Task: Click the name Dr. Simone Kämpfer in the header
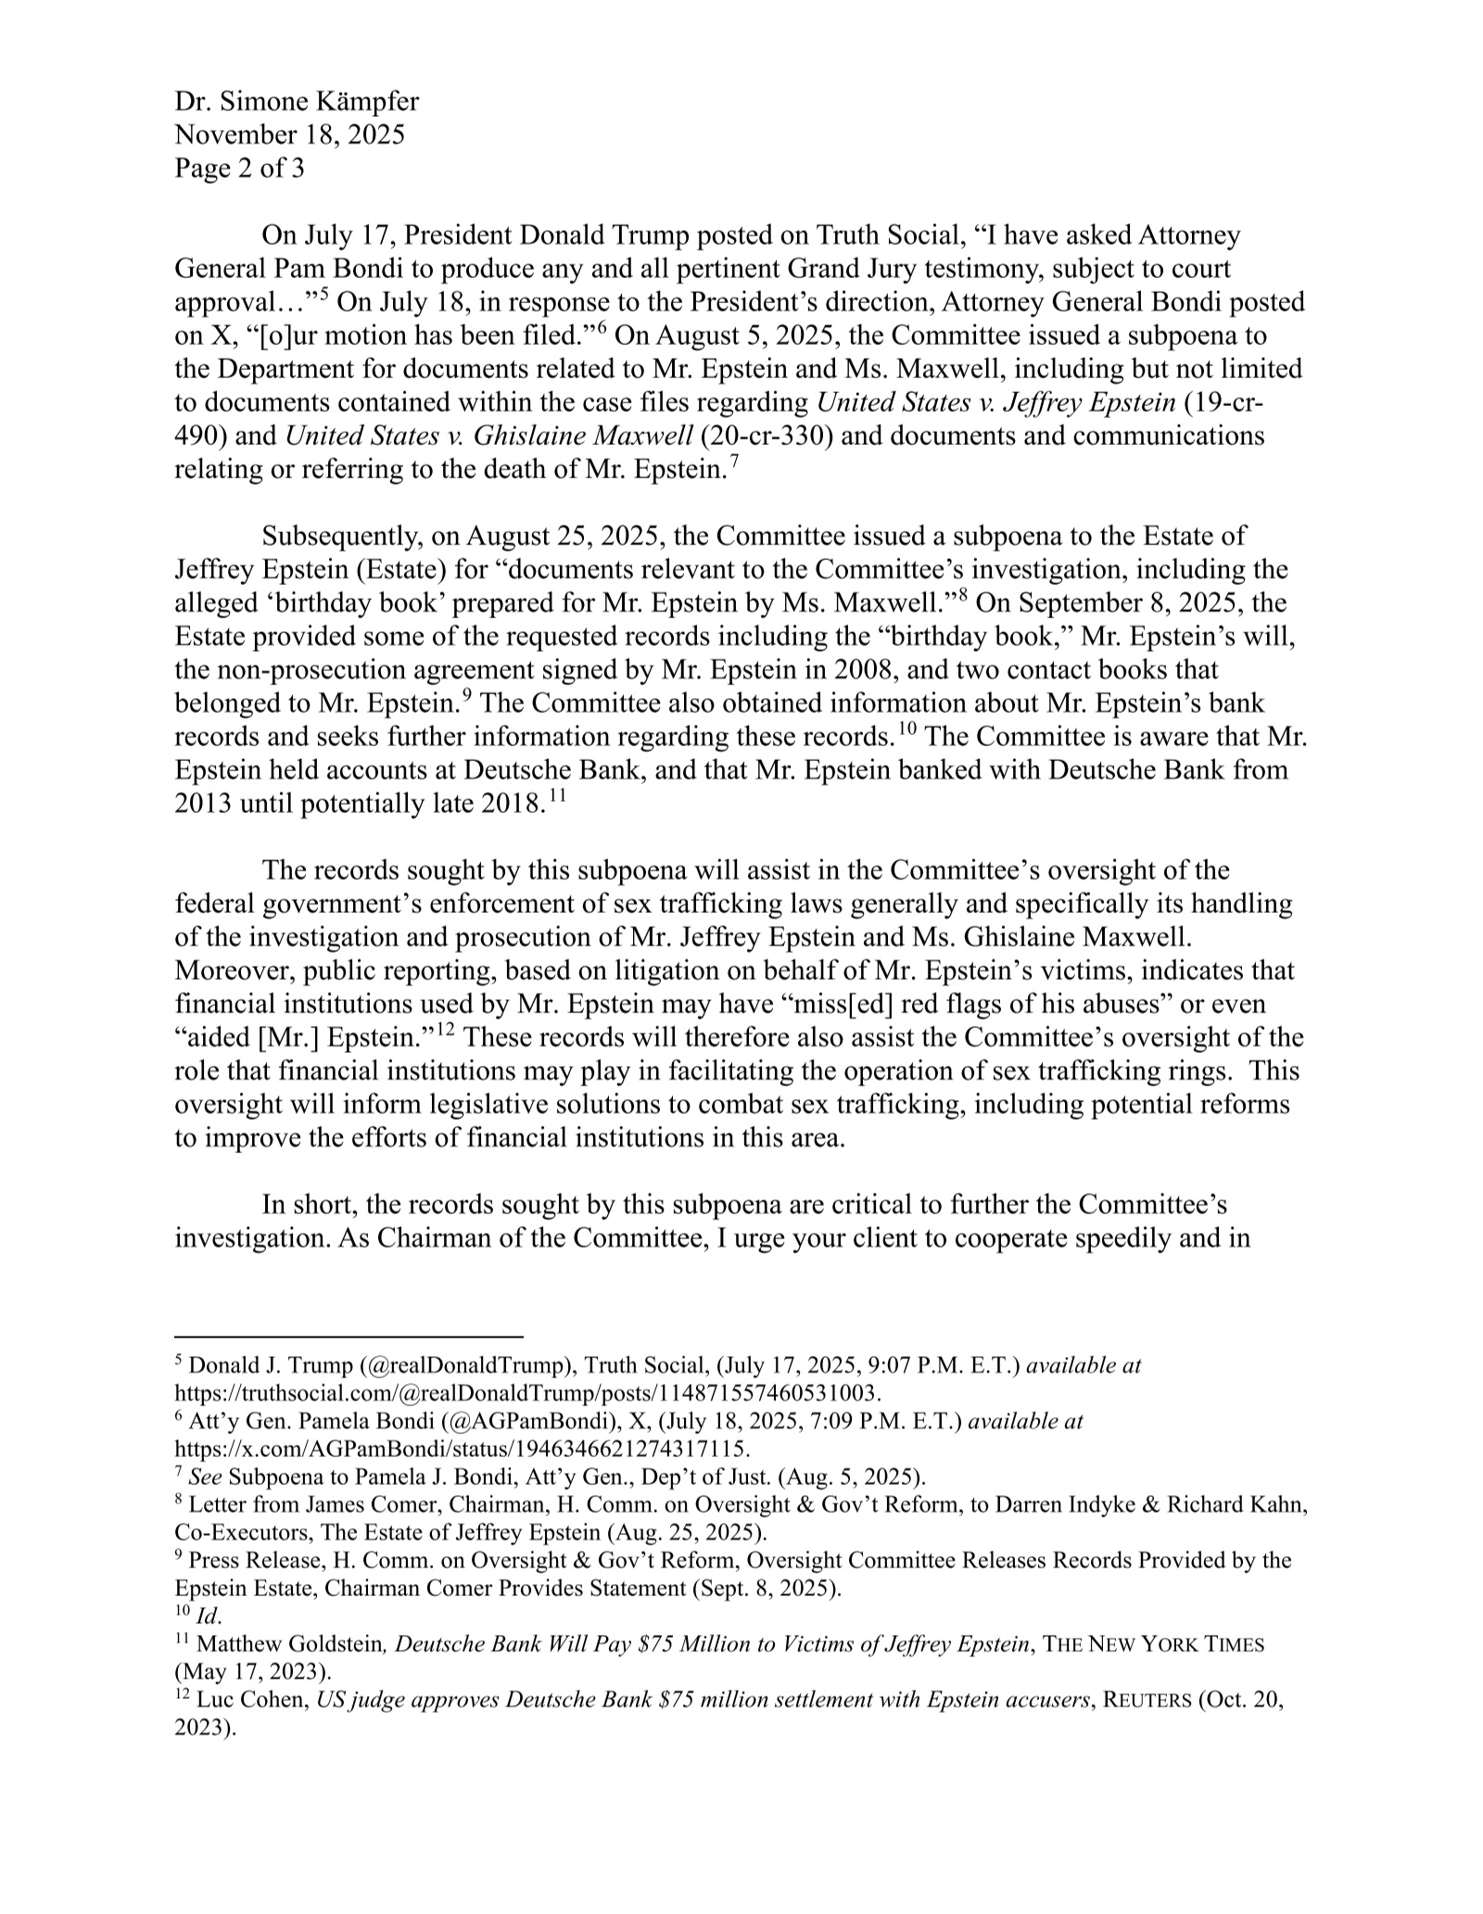coord(297,102)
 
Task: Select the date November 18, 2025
coord(289,135)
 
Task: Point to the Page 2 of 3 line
coord(239,169)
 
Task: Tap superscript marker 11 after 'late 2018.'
coord(557,796)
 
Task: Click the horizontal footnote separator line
coord(349,1337)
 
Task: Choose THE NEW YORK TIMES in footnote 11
coord(1153,1645)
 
